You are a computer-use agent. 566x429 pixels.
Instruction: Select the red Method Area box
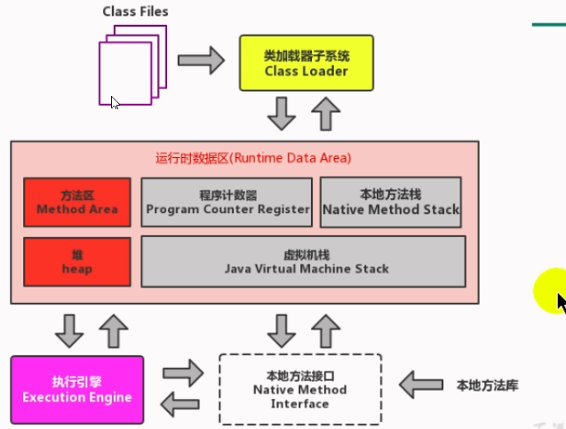pos(77,203)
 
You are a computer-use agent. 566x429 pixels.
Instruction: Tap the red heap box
pos(77,261)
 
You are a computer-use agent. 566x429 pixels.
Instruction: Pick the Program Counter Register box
pos(227,203)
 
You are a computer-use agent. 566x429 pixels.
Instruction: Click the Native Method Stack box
pos(391,203)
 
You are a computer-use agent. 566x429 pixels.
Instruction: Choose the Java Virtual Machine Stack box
pos(303,261)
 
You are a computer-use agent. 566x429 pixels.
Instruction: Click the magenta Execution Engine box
pos(76,390)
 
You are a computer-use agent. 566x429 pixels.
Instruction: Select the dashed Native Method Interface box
pos(299,390)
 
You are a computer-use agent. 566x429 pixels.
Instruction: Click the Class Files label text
pos(135,12)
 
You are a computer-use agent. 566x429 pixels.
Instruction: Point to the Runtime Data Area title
pos(253,158)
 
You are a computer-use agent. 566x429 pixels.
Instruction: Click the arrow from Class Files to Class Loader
pos(200,61)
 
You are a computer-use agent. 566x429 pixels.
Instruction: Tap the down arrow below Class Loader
pos(283,114)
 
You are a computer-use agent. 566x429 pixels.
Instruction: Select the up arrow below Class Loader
pos(326,114)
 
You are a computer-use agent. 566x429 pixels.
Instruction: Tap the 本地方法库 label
pos(486,385)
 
